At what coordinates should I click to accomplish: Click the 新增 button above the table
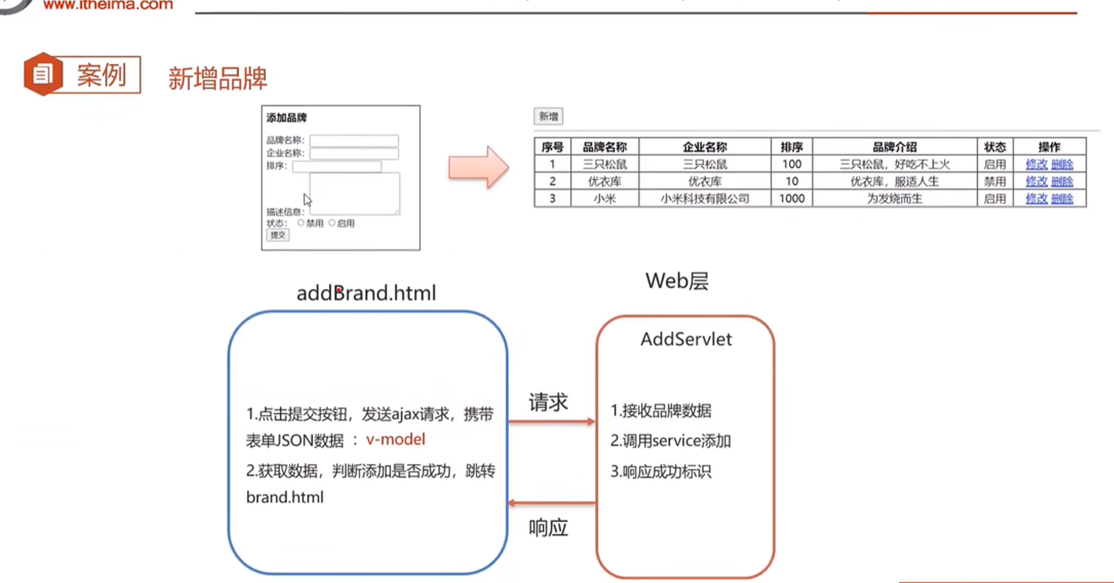[x=548, y=117]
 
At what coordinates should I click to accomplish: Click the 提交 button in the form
[x=278, y=235]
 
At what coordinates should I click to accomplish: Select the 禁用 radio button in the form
[x=301, y=223]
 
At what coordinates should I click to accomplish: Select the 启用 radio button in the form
[x=332, y=223]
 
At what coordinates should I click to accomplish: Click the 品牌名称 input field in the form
[x=354, y=141]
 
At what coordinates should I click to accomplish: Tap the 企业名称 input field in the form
[x=354, y=153]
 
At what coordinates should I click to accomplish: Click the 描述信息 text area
[x=355, y=193]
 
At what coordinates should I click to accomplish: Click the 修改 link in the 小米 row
[x=1036, y=199]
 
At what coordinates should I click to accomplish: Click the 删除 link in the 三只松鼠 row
[x=1062, y=164]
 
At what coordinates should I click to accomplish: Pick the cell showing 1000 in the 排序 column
[x=792, y=199]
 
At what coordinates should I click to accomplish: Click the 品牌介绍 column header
[x=895, y=147]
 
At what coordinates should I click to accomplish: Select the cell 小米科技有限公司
[x=705, y=199]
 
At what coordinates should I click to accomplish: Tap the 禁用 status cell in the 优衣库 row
[x=994, y=182]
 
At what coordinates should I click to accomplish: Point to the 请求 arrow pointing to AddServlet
[x=551, y=421]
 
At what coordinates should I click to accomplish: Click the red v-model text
[x=396, y=440]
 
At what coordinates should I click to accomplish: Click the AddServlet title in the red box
[x=686, y=339]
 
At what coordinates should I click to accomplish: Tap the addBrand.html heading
[x=366, y=293]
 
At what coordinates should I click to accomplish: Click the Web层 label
[x=677, y=281]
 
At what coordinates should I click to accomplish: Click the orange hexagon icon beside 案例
[x=43, y=74]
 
